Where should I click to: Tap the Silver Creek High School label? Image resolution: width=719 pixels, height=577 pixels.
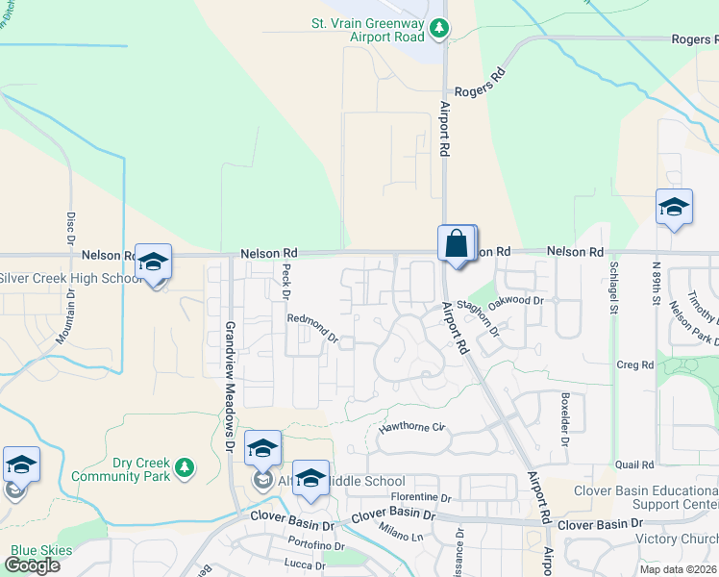pyautogui.click(x=69, y=279)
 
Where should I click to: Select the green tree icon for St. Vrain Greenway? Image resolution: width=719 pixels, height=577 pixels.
pyautogui.click(x=439, y=29)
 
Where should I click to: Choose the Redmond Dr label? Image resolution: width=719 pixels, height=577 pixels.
pyautogui.click(x=312, y=328)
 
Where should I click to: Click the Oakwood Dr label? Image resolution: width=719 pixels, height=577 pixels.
pyautogui.click(x=516, y=301)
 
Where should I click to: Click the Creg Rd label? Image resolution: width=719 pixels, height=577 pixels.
pyautogui.click(x=634, y=364)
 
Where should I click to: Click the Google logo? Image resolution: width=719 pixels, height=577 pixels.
pyautogui.click(x=31, y=565)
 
